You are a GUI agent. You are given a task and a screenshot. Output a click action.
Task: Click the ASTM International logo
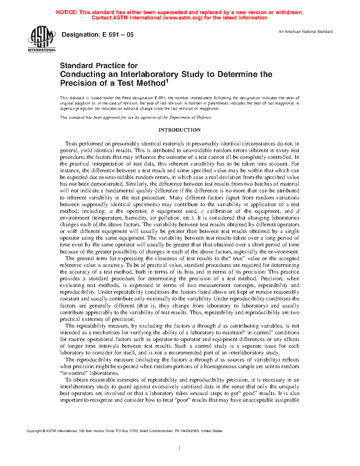point(42,39)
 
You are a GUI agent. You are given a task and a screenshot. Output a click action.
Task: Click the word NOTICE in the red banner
point(66,12)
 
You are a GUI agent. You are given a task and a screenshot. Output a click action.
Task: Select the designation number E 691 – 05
point(118,35)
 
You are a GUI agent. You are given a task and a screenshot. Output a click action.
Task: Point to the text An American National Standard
point(306,31)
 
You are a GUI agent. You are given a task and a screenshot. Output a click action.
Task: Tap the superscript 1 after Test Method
point(167,81)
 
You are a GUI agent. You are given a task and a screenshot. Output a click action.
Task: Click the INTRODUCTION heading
point(179,130)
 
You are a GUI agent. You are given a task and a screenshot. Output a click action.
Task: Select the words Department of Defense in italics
point(191,117)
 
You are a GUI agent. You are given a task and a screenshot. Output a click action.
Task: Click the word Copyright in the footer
point(34,431)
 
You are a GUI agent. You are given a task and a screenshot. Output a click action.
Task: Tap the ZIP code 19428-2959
point(190,431)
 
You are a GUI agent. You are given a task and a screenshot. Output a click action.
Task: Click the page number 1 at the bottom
point(180,448)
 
